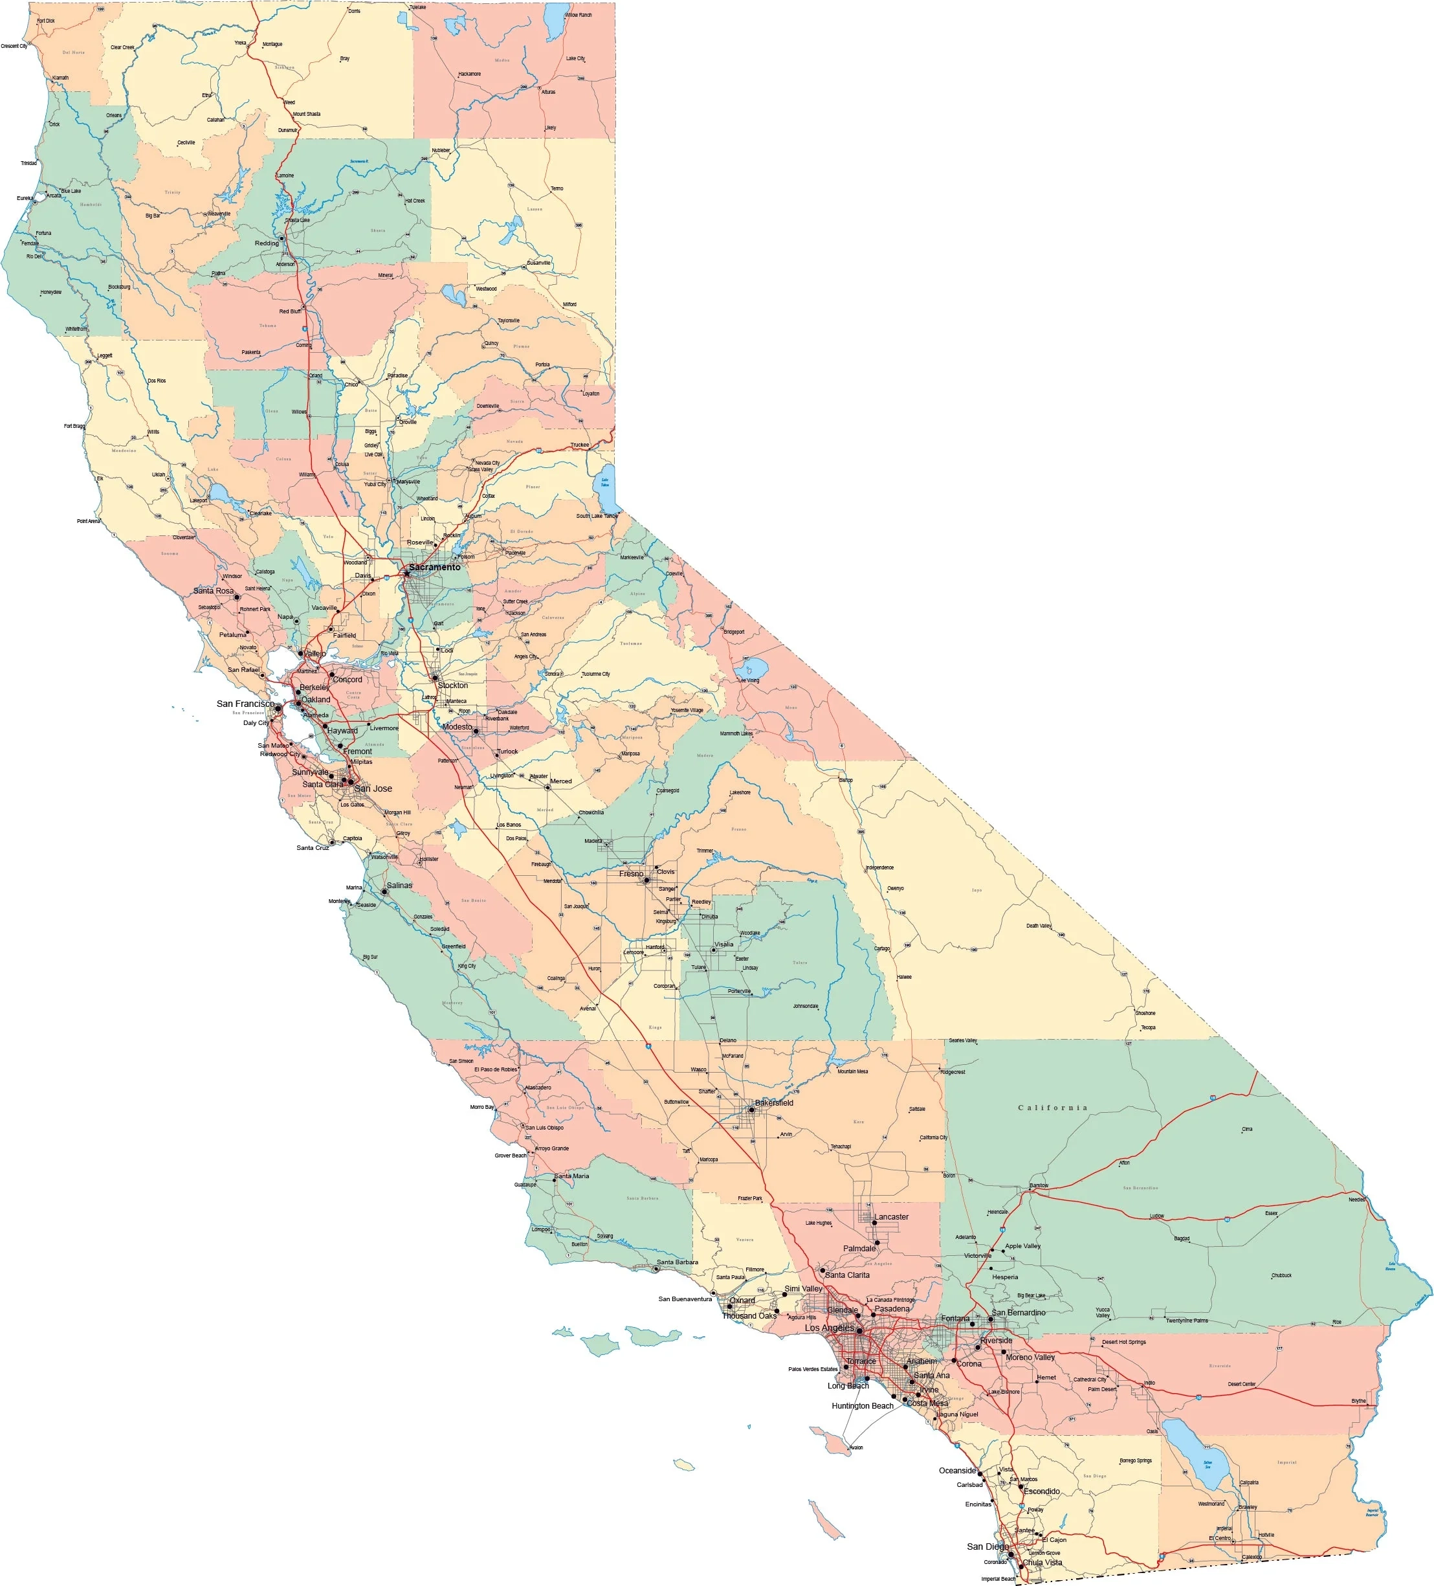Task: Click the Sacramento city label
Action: click(434, 567)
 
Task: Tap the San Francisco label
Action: click(245, 703)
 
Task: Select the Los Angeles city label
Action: click(828, 1328)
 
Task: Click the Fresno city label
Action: click(631, 873)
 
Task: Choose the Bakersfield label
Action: click(774, 1103)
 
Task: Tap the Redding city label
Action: click(267, 243)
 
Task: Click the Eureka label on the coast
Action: click(25, 198)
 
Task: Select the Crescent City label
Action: click(14, 45)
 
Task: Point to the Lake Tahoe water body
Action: click(605, 484)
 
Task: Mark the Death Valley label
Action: click(1039, 926)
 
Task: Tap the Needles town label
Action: click(1357, 1200)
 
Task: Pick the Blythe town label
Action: click(1358, 1401)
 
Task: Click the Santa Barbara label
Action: click(676, 1262)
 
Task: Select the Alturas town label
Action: click(548, 92)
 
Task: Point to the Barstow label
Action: click(1039, 1185)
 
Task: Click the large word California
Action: click(1052, 1108)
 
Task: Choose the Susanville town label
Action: click(539, 263)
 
